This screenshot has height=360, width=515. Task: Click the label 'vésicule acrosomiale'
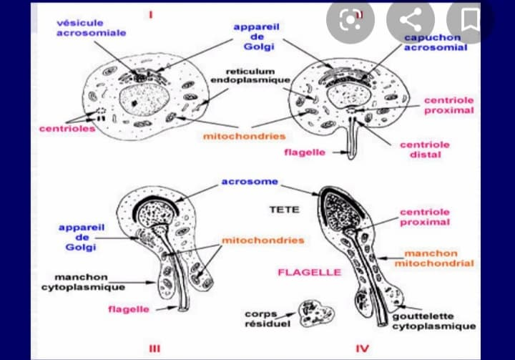click(x=91, y=28)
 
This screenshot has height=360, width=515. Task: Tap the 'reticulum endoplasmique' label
click(x=250, y=75)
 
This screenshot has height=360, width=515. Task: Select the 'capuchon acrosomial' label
click(x=436, y=42)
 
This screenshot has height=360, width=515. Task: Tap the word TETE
click(x=283, y=210)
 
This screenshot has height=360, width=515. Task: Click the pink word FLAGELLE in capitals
click(x=299, y=273)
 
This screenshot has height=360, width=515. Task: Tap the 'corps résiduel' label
click(x=261, y=318)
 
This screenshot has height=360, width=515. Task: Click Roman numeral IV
click(x=363, y=349)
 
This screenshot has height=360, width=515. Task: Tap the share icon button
click(x=411, y=21)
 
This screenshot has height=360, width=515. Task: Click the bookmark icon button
click(x=471, y=21)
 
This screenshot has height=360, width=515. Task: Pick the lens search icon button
click(x=350, y=21)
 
